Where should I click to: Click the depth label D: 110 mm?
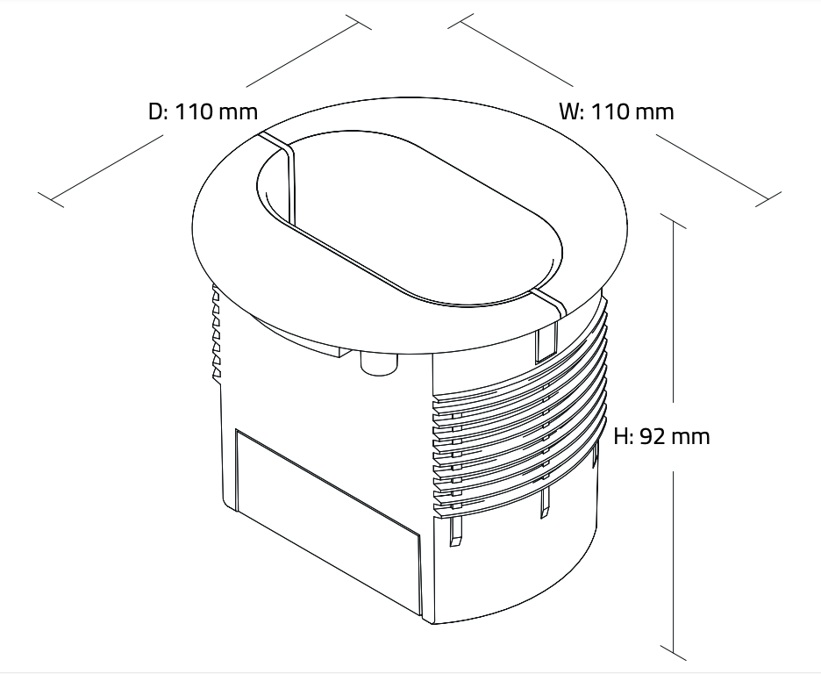click(203, 111)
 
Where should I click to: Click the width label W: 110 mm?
click(617, 111)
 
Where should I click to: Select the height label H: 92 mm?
click(662, 436)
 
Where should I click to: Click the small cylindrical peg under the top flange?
click(379, 362)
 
